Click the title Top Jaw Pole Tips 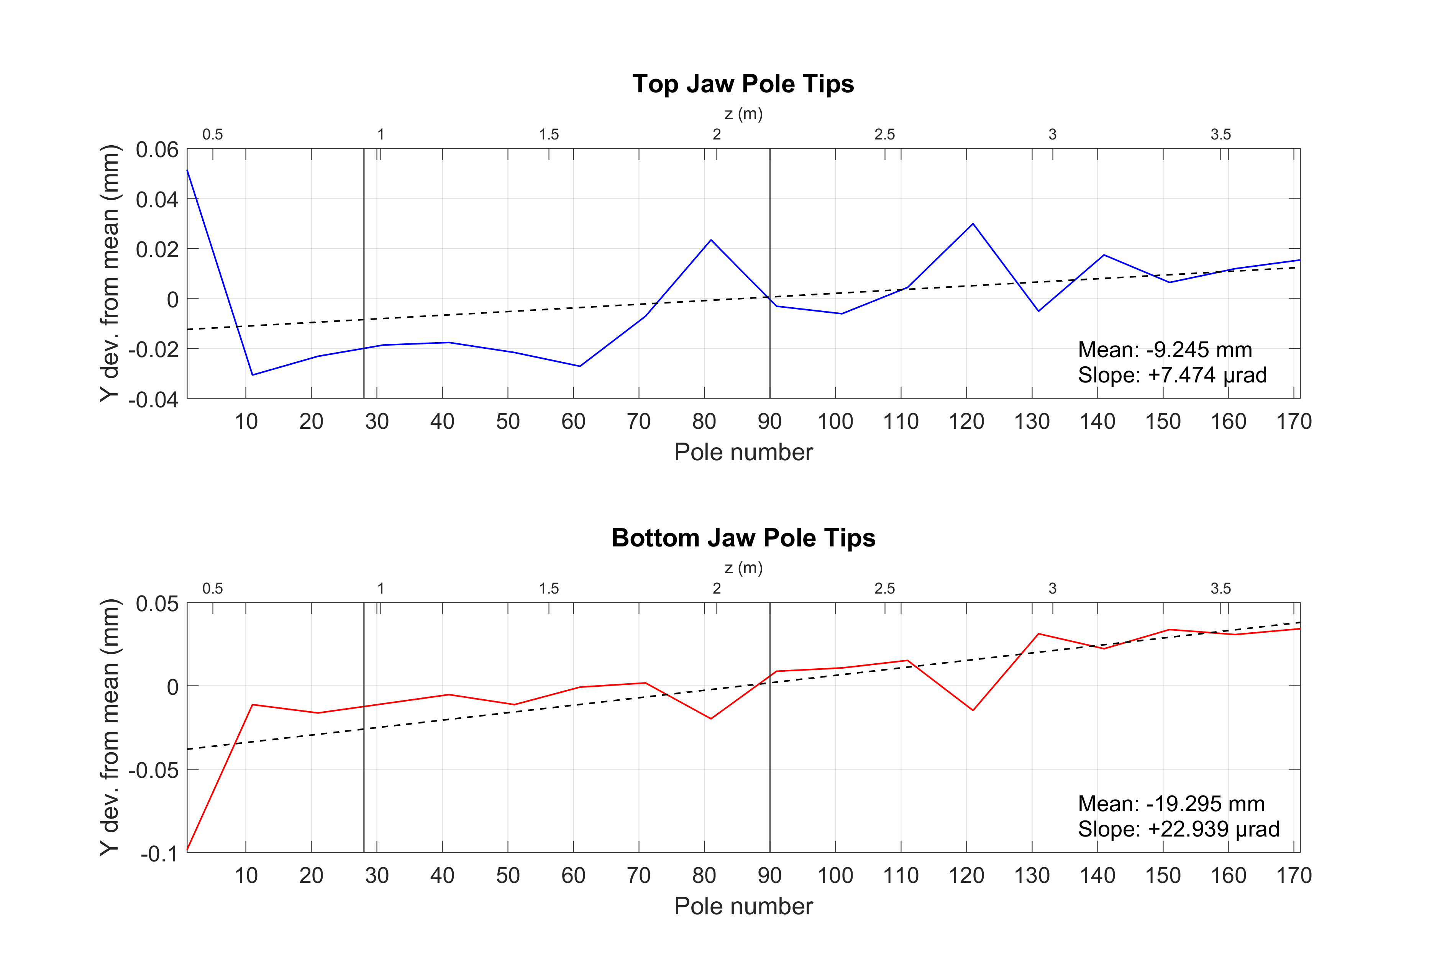pyautogui.click(x=743, y=84)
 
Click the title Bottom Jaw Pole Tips pyautogui.click(x=743, y=538)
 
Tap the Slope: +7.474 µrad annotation pyautogui.click(x=1172, y=374)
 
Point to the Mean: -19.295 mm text pyautogui.click(x=1171, y=804)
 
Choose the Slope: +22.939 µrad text pyautogui.click(x=1178, y=829)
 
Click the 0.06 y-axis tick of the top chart pyautogui.click(x=157, y=150)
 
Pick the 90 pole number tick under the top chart pyautogui.click(x=769, y=422)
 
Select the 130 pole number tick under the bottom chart pyautogui.click(x=1031, y=876)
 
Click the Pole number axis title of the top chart pyautogui.click(x=743, y=452)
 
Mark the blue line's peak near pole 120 pyautogui.click(x=973, y=224)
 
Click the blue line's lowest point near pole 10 pyautogui.click(x=252, y=374)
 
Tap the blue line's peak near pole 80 pyautogui.click(x=710, y=240)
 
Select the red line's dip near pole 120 pyautogui.click(x=973, y=710)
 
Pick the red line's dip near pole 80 pyautogui.click(x=710, y=718)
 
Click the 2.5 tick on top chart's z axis pyautogui.click(x=884, y=135)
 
